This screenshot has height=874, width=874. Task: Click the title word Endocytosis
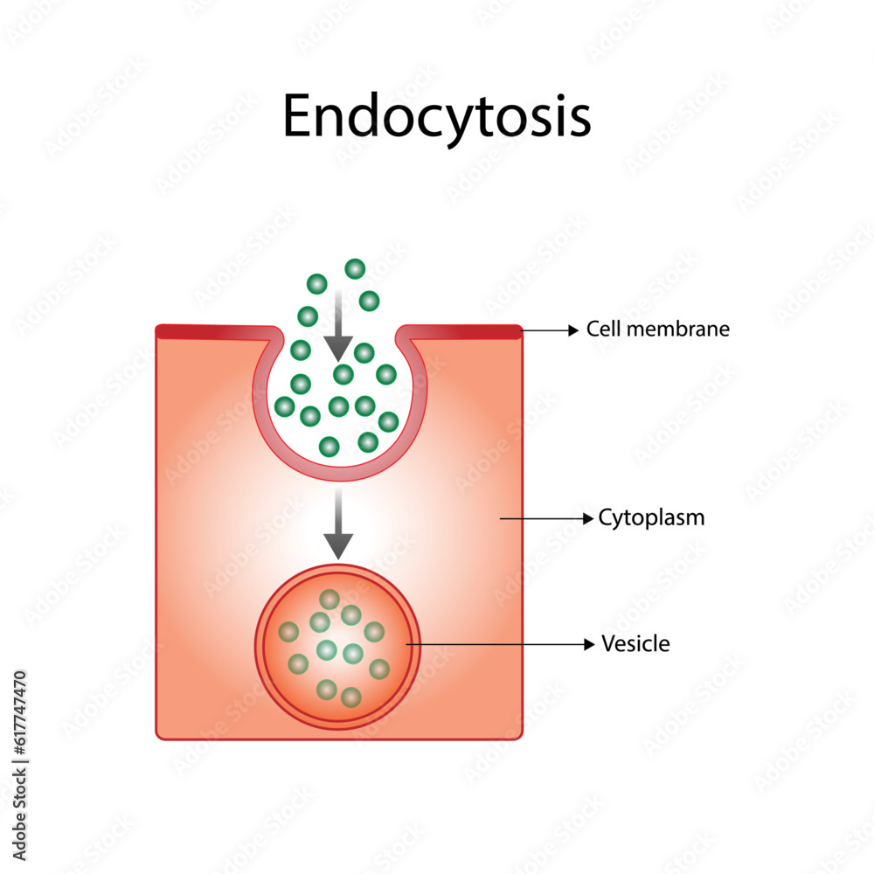coord(436,118)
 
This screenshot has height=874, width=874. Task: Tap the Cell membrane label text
coord(657,329)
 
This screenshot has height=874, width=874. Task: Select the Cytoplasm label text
coord(651,518)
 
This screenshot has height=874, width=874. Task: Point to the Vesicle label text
coord(635,645)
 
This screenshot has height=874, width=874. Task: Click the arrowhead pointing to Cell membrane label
coord(573,330)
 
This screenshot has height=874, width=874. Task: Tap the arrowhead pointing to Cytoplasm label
coord(586,518)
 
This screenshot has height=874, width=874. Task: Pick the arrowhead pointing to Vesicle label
coord(589,645)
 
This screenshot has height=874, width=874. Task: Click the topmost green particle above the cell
coord(354,268)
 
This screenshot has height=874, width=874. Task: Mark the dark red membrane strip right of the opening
coord(463,330)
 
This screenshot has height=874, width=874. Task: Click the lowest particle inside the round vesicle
coord(350,697)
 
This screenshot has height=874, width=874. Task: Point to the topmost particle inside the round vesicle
coord(329,599)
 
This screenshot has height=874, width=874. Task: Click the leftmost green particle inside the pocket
coord(285,406)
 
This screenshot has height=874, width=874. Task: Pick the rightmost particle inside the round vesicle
coord(378,669)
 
